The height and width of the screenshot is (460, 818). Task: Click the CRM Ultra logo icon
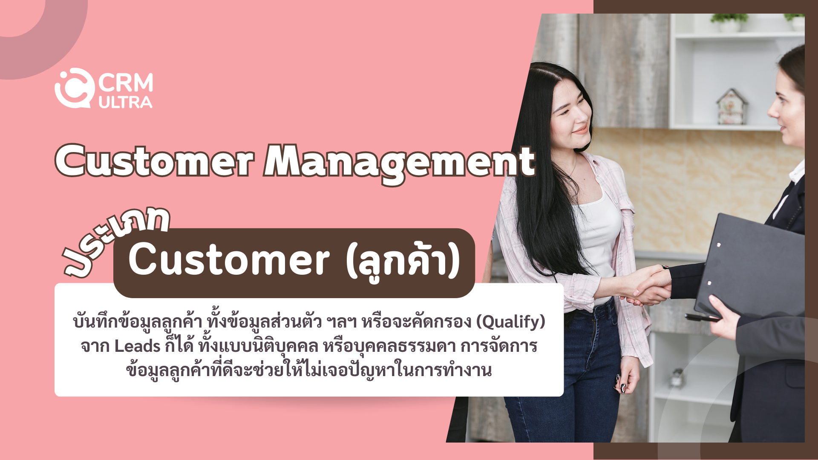coord(75,88)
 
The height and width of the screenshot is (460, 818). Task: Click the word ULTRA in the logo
coord(125,102)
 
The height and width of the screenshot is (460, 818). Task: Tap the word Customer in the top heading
coord(155,161)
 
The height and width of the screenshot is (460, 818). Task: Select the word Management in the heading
coord(399,164)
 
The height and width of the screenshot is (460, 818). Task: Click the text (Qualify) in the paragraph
coord(510,322)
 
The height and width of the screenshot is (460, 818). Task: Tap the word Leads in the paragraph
coord(137,346)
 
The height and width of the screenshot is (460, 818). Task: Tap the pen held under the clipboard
coord(703,318)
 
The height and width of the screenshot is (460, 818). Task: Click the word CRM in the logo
coord(126,83)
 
